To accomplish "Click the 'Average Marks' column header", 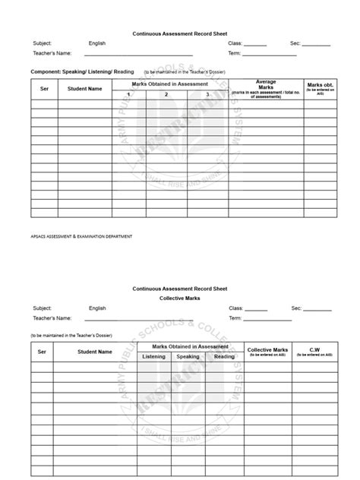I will (266, 87).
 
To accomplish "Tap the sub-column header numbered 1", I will (129, 94).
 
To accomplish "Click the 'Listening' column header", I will (153, 356).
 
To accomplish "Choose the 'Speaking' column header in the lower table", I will (188, 356).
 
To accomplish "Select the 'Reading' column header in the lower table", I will (224, 356).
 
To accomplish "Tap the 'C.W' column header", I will (314, 352).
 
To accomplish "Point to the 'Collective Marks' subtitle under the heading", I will (179, 298).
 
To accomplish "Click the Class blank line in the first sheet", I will (255, 45).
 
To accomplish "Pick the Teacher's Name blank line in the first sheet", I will (133, 55).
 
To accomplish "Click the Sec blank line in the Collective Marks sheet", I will (318, 310).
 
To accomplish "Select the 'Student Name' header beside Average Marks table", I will (84, 89).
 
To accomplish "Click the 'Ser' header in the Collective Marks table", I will (43, 352).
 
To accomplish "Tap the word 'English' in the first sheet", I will (97, 44).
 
